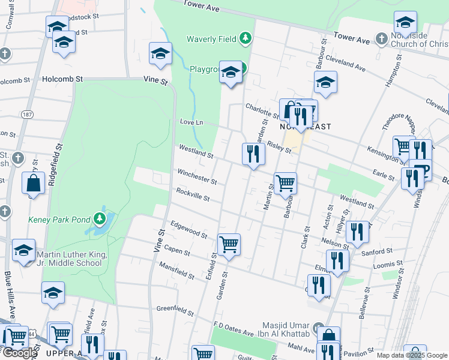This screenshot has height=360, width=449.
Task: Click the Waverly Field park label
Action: pyautogui.click(x=212, y=40)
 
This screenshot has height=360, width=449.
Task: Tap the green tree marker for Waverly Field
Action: pyautogui.click(x=245, y=39)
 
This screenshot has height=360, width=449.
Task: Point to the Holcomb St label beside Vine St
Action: pyautogui.click(x=62, y=79)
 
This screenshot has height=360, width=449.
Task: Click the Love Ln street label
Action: pyautogui.click(x=192, y=122)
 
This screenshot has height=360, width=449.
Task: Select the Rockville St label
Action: pyautogui.click(x=193, y=194)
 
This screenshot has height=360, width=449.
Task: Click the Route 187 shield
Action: pyautogui.click(x=26, y=114)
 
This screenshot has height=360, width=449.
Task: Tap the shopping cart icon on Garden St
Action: pyautogui.click(x=229, y=245)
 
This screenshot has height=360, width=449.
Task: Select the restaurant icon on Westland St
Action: pyautogui.click(x=253, y=154)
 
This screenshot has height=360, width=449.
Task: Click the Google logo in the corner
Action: pyautogui.click(x=20, y=353)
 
